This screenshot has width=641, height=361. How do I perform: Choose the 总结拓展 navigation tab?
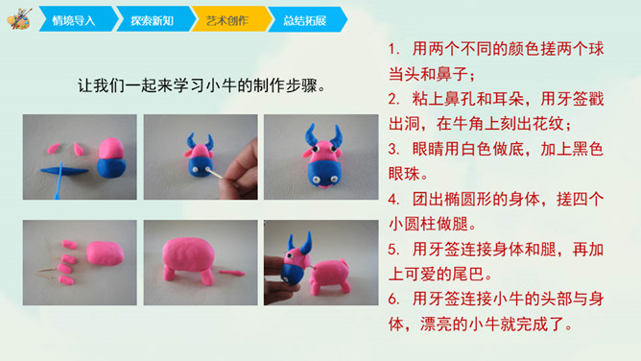pos(307,19)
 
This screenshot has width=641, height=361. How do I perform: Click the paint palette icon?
pos(19,19)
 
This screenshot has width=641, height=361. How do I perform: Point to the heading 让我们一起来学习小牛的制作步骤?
pos(202,85)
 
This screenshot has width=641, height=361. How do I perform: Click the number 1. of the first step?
pos(394,49)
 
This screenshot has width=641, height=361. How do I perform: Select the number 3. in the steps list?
pos(394,149)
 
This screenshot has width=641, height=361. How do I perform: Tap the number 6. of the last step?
pos(394,300)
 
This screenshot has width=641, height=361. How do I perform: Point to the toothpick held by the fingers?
pos(215,174)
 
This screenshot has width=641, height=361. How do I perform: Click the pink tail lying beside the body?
pos(231,273)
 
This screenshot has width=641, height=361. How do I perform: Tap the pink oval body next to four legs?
pos(105,253)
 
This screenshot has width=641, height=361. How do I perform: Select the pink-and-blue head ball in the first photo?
pos(111,157)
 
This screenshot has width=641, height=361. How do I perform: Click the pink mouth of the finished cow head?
pos(324,186)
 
